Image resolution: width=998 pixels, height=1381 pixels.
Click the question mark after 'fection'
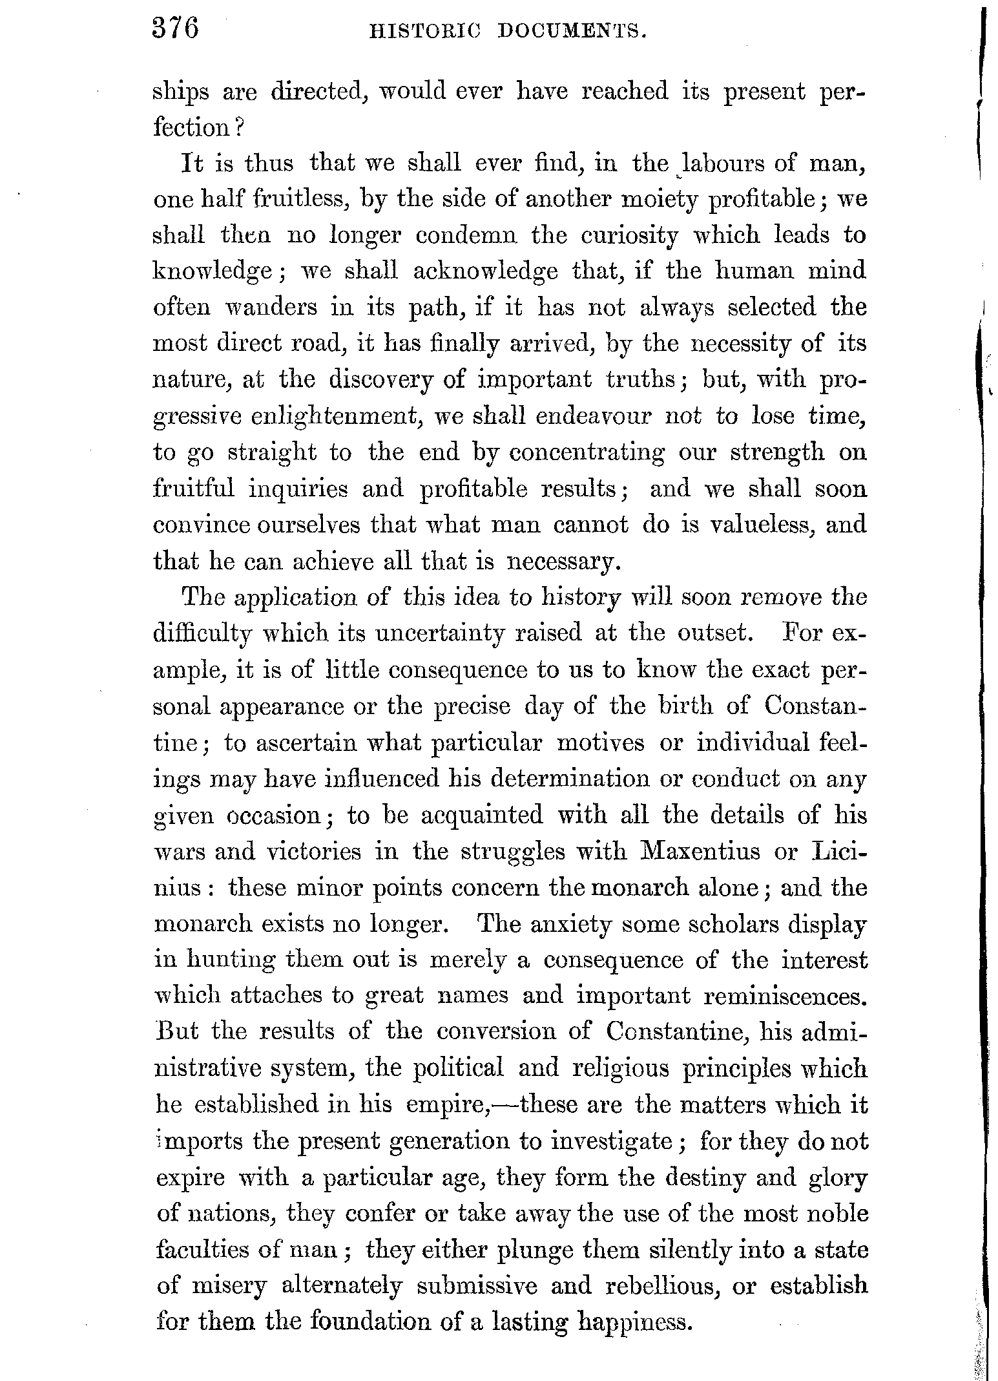238,128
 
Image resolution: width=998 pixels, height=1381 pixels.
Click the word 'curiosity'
629,236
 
